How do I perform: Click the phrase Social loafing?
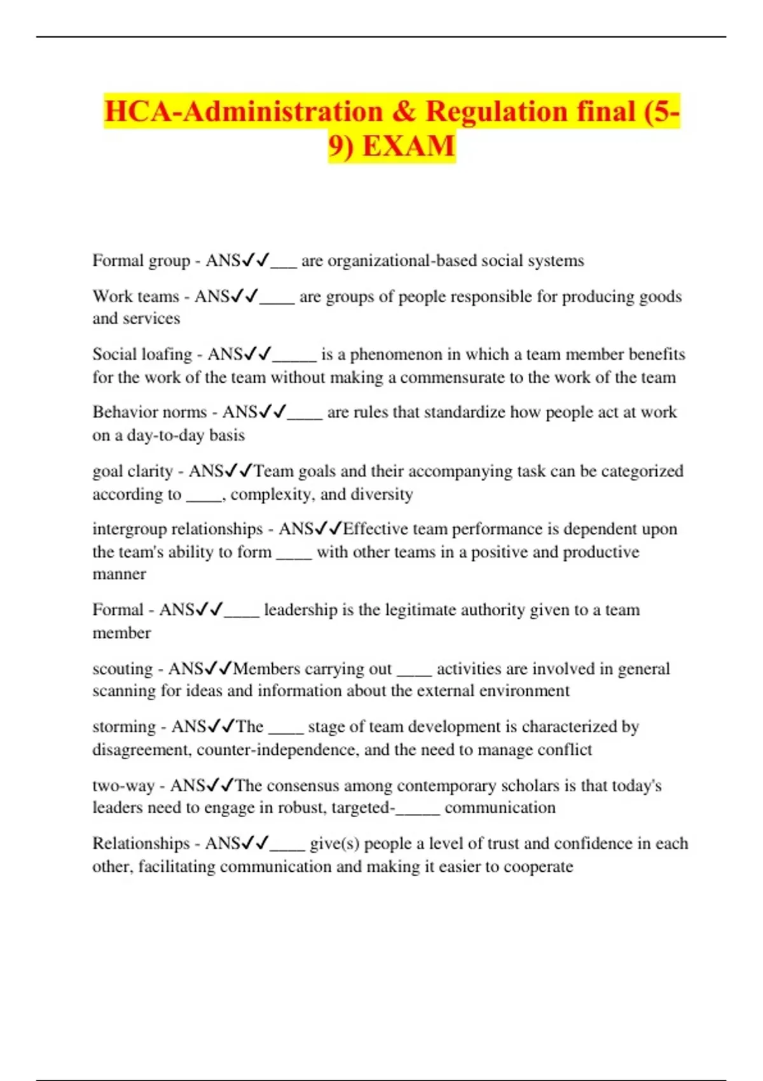pos(142,354)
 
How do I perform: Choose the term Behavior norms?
pos(149,412)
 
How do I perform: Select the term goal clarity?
pos(132,471)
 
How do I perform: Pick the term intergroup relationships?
pos(177,529)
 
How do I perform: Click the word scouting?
pos(123,669)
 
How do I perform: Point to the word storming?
pos(124,727)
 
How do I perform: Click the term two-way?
pos(123,786)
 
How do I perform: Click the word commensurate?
pos(452,378)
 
